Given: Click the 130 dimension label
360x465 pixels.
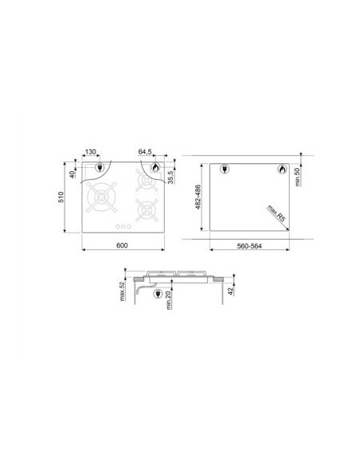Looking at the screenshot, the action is (91, 151).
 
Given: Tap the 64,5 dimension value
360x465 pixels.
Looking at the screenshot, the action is (145, 151).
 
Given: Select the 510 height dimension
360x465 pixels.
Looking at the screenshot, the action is (61, 197).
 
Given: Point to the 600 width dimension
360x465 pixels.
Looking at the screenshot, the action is (122, 245).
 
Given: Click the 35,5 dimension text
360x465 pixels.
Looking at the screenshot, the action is (170, 177).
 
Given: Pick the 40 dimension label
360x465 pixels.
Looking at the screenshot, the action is (72, 174).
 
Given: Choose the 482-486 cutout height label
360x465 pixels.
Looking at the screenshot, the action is (198, 197).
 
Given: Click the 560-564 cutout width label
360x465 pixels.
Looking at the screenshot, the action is (249, 246).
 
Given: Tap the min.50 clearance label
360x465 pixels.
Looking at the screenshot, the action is (298, 177).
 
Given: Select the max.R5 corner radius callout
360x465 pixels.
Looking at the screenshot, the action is (276, 213).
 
